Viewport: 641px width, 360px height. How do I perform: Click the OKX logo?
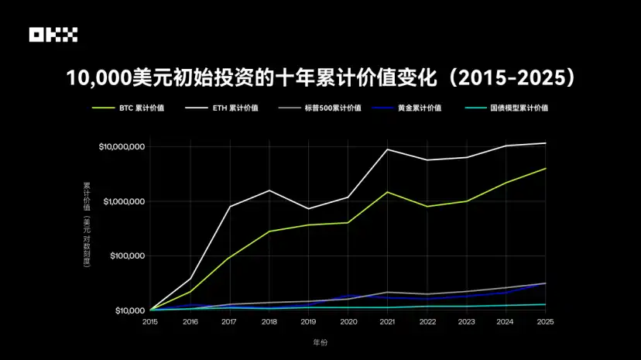[53, 35]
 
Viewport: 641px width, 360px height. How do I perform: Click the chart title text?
[320, 78]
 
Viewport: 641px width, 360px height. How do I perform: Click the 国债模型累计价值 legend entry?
[520, 108]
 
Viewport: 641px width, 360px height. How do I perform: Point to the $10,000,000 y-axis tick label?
[122, 147]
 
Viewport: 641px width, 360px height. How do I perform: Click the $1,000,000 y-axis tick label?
[124, 201]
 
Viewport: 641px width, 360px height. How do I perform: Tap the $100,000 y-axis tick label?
[127, 256]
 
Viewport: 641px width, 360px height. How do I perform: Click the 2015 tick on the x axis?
[150, 321]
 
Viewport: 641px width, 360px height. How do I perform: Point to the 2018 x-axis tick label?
[269, 321]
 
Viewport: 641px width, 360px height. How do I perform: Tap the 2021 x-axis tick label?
[387, 321]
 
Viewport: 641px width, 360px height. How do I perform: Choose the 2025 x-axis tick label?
[545, 321]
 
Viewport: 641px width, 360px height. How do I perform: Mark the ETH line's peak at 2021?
[387, 149]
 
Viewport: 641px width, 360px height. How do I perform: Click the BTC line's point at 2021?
[387, 192]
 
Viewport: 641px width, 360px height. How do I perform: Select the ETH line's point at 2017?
[229, 206]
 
